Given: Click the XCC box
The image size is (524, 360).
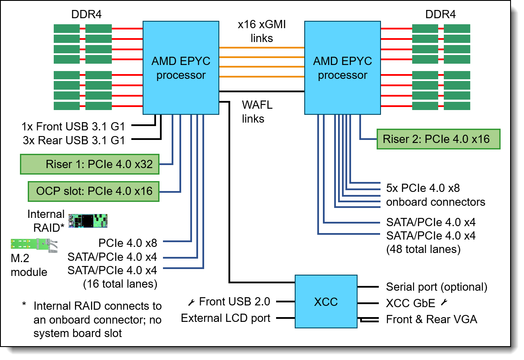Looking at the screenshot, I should (325, 302).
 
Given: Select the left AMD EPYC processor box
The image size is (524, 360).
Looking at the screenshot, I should (181, 68).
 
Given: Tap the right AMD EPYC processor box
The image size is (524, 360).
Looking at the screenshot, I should (342, 68).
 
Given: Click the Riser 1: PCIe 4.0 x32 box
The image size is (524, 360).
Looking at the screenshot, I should (90, 164).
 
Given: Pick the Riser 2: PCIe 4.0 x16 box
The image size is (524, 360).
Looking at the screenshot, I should (439, 139).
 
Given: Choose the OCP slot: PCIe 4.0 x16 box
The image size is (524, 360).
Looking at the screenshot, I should (94, 191).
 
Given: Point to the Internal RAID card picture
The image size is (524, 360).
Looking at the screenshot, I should (88, 221).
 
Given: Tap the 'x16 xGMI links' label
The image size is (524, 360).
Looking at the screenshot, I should (262, 32).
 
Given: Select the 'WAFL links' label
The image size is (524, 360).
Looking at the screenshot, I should (257, 112).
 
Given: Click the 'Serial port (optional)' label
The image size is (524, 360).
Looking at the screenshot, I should (436, 287).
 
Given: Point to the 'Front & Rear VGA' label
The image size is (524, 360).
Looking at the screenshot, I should (431, 320).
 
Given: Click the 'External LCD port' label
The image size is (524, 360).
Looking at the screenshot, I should (225, 318).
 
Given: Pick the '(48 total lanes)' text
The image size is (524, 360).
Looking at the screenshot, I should (423, 250).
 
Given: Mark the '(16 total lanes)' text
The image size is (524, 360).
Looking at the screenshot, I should (120, 284).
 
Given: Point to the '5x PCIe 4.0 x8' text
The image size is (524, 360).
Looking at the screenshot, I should (423, 188).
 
